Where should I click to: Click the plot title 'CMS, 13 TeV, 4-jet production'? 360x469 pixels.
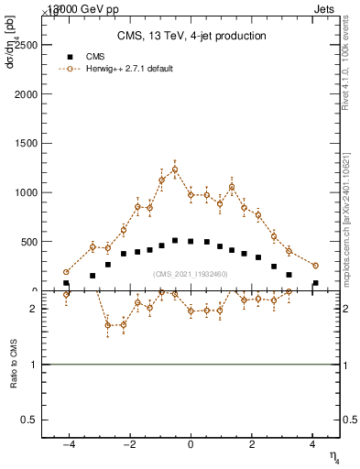pos(191,37)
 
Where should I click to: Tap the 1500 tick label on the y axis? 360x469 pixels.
pos(27,143)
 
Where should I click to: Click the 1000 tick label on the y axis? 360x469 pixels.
pos(27,192)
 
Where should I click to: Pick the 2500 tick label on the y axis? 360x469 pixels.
pos(27,44)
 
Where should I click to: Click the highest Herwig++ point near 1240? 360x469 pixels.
pos(175,169)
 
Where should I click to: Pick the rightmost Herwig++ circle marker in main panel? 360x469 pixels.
pos(315,266)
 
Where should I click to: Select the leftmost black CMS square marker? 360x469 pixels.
pos(66,283)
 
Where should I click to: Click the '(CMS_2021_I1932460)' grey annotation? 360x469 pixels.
pos(191,274)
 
